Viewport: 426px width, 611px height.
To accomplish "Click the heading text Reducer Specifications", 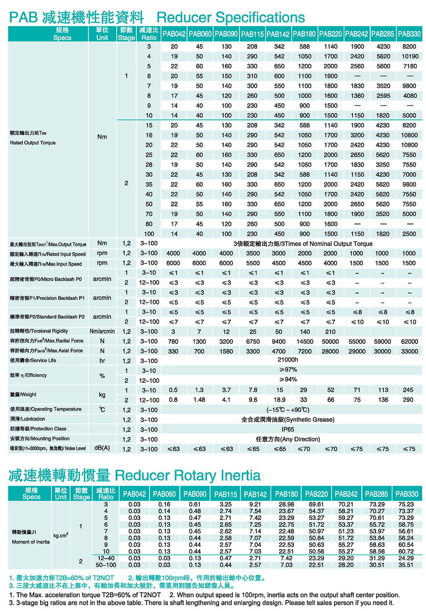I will point(230,17).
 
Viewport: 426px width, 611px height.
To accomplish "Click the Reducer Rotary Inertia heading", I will point(187,475).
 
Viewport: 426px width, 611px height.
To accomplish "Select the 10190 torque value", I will point(409,56).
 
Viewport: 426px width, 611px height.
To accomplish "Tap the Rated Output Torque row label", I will point(33,143).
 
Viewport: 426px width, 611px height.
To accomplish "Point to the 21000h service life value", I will point(288,360).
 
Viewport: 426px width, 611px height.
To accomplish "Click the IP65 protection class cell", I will point(288,429).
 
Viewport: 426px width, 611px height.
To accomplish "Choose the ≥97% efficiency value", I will point(288,370).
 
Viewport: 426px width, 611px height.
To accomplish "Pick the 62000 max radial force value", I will point(409,341).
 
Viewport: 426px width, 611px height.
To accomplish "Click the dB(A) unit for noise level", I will point(102,448).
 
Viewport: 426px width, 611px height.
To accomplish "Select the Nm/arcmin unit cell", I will point(102,331).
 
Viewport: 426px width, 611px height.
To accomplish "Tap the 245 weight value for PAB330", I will point(408,390).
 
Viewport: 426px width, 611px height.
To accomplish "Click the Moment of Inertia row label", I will point(31,542).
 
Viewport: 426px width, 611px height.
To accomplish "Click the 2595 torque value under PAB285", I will point(383,96).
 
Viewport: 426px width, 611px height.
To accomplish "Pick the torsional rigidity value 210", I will point(330,331).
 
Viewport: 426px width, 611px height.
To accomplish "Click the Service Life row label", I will point(33,360).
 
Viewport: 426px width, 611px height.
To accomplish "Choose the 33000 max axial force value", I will point(409,351).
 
